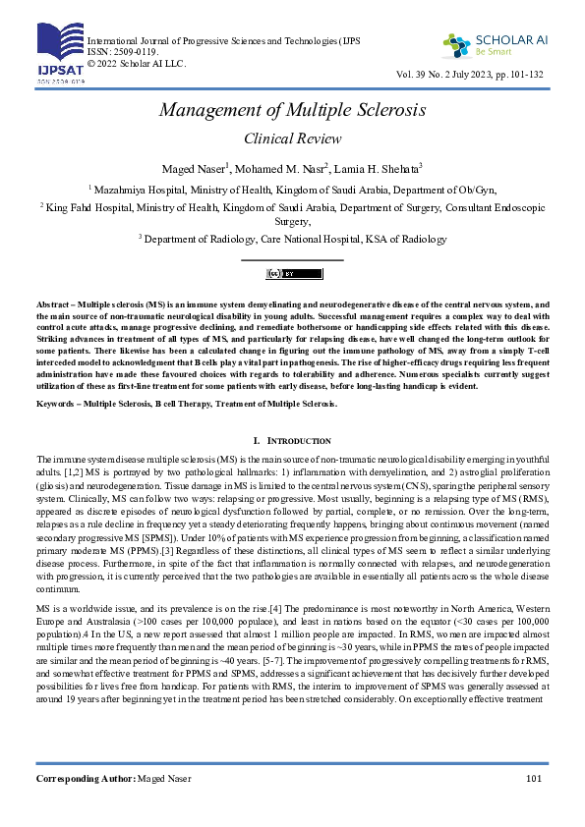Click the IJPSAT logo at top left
tap(59, 53)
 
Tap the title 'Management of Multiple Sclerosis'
tap(292, 109)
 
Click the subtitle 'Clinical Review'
tap(292, 138)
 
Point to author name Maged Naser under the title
tap(195, 168)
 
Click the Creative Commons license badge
tap(292, 272)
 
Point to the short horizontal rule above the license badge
tap(292, 259)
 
